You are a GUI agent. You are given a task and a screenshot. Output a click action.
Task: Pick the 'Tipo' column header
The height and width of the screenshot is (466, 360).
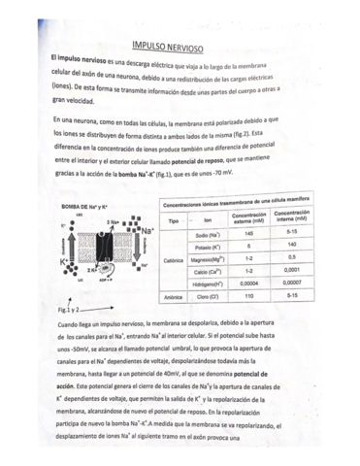click(174, 220)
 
